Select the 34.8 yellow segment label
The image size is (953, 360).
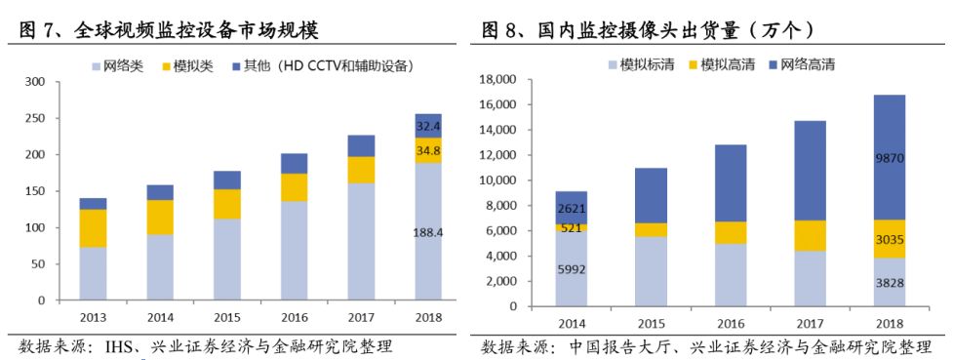click(x=428, y=151)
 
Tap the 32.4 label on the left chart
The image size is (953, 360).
click(x=428, y=126)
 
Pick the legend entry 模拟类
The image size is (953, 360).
click(x=191, y=65)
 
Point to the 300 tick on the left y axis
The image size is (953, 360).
click(x=34, y=82)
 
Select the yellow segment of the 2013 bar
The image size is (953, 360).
click(x=94, y=228)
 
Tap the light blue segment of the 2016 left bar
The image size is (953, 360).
click(x=295, y=250)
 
